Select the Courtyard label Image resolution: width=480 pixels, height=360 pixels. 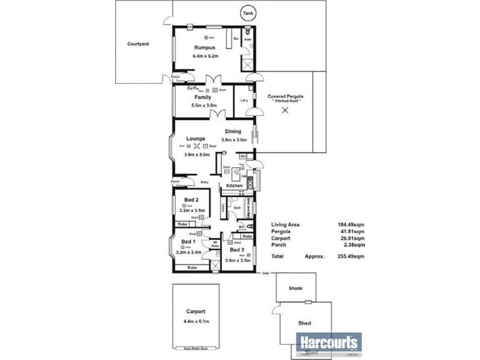(x=138, y=44)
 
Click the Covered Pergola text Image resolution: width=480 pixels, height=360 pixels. (x=286, y=96)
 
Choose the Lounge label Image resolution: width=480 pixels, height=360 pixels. (x=196, y=139)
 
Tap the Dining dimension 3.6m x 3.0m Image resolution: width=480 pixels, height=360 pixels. (x=233, y=140)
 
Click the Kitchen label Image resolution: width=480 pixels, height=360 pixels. (x=234, y=186)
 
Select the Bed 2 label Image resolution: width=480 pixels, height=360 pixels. (x=193, y=200)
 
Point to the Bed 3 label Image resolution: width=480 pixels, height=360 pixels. (x=238, y=250)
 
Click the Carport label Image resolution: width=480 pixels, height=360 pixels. (x=196, y=311)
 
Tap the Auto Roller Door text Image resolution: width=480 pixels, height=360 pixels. (x=196, y=348)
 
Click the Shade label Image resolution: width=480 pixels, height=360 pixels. (x=295, y=289)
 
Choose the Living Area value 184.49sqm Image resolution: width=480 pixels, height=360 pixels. (x=351, y=225)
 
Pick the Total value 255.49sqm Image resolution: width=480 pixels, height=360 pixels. (x=351, y=256)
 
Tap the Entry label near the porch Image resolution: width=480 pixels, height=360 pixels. (x=205, y=182)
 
